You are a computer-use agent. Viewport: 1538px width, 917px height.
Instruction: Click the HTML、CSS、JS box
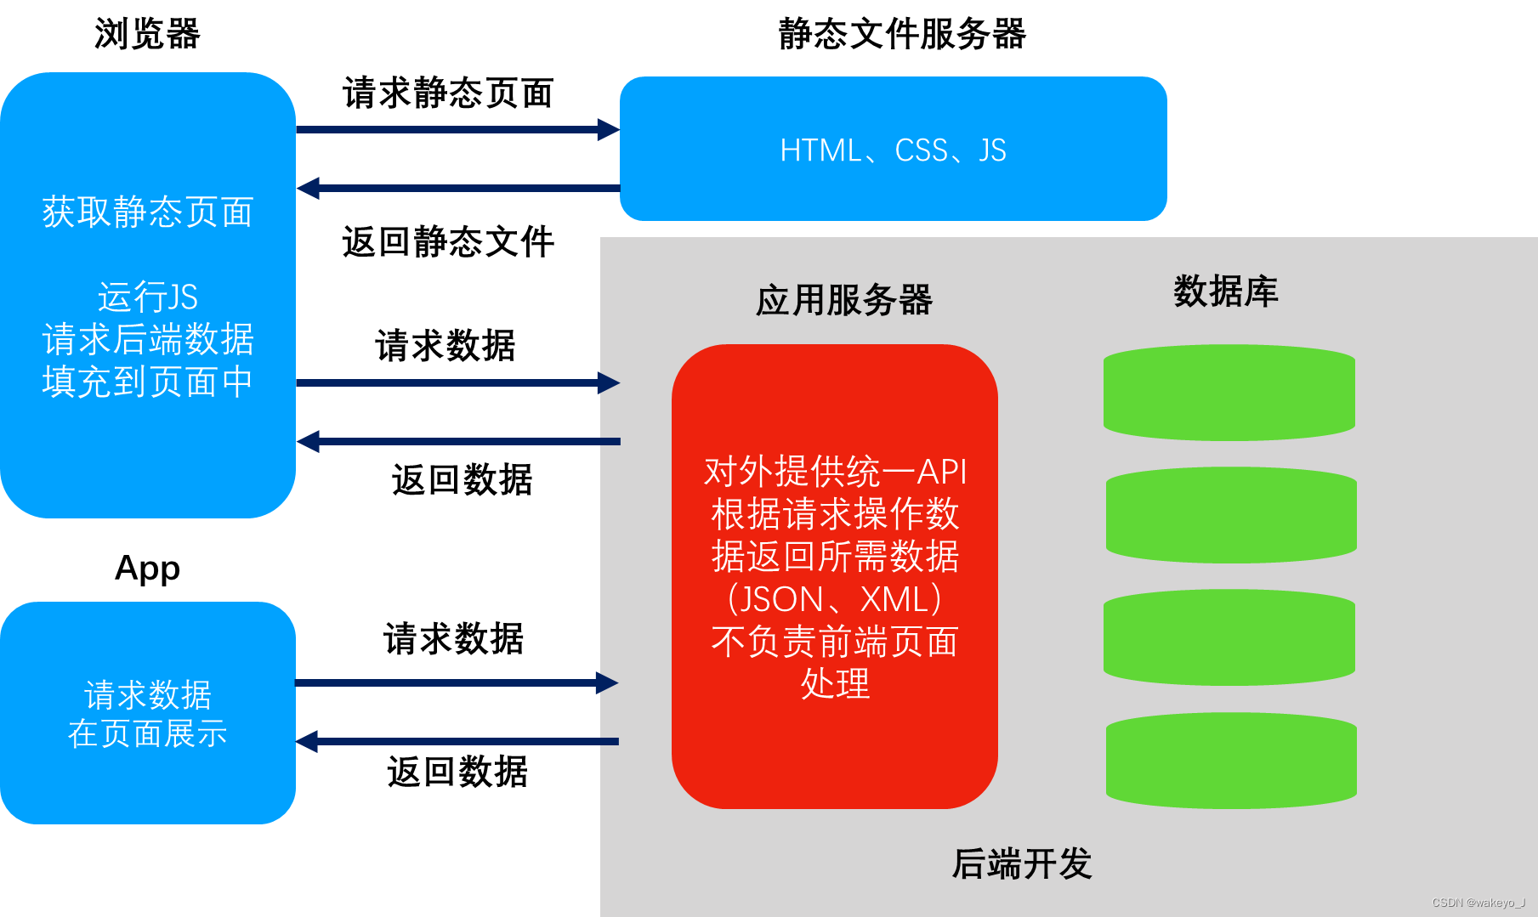coord(893,150)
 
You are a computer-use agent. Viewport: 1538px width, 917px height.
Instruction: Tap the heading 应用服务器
coord(844,300)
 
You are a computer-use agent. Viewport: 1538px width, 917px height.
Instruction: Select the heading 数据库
coord(1225,292)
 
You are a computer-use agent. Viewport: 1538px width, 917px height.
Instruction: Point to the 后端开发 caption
coord(1022,863)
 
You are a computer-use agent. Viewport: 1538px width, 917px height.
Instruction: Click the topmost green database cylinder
coord(1229,393)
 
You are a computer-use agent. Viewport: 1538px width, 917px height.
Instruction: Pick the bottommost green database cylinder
coord(1231,761)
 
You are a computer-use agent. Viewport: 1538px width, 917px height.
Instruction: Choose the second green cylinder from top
coord(1231,515)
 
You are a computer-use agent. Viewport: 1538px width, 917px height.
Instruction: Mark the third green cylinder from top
coord(1229,637)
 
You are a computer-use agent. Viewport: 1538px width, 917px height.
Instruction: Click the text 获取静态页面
coord(148,212)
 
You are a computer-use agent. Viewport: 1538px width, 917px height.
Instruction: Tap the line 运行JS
coord(148,297)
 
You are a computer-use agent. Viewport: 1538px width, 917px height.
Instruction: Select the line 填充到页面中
coord(148,382)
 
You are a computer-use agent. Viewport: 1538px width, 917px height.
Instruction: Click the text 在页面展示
coord(148,733)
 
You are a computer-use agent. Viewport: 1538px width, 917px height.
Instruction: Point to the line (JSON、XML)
coord(835,599)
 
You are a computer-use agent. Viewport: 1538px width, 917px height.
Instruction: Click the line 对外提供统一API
coord(835,472)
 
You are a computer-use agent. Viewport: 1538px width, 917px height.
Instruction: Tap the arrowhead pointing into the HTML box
coord(609,130)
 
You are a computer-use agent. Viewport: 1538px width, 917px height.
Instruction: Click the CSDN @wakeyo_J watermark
coord(1478,903)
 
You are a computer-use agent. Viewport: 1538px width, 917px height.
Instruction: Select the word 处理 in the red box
coord(835,684)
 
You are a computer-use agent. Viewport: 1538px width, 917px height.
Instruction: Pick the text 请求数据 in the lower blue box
coord(148,695)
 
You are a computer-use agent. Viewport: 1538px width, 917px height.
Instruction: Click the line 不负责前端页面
coord(835,642)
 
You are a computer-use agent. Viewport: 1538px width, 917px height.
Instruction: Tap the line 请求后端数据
coord(148,339)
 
